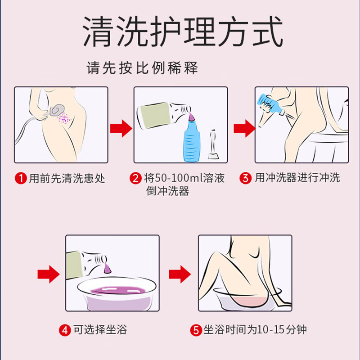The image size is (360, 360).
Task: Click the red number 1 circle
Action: (x=21, y=178)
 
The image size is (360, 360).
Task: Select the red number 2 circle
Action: (x=136, y=178)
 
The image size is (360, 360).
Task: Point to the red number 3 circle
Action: (x=246, y=178)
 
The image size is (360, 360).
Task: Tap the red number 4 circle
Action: (x=66, y=330)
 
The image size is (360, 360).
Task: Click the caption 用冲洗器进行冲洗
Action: (x=297, y=178)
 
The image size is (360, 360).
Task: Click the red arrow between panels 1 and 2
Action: (x=121, y=128)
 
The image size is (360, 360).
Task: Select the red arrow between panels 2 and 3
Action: (x=244, y=128)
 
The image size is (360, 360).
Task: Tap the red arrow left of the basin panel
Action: (x=48, y=273)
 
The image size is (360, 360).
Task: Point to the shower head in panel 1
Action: (x=58, y=111)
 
